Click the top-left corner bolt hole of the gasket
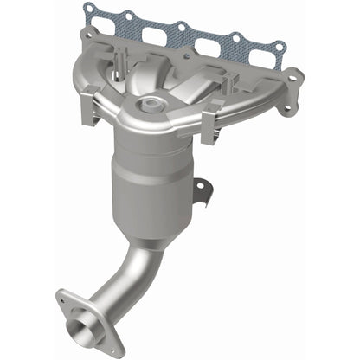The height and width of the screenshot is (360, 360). point(88,9)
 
